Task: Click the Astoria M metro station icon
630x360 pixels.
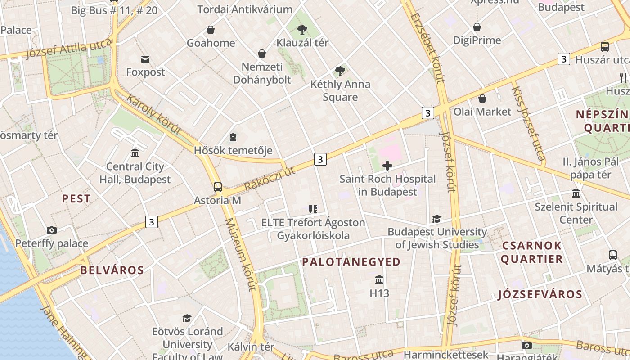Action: point(218,187)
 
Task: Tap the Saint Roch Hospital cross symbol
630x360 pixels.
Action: point(387,166)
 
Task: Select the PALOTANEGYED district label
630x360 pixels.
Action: point(351,262)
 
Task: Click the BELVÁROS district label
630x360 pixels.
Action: point(112,270)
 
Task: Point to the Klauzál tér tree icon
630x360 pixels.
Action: point(302,30)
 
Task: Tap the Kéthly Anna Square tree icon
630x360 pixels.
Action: point(340,71)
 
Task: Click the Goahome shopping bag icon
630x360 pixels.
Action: point(210,30)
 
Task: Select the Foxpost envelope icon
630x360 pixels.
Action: point(145,59)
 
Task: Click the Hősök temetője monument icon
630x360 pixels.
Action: point(233,137)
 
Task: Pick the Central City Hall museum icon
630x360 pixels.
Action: point(135,153)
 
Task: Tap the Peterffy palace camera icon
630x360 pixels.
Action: point(52,230)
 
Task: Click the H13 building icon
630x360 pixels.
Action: point(379,280)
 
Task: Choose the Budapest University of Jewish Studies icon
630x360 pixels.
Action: point(436,219)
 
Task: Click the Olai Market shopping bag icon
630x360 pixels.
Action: point(482,98)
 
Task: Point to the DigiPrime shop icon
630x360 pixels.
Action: point(477,27)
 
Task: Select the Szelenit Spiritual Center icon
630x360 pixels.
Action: point(576,193)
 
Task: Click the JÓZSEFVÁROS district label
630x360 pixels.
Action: point(540,295)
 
